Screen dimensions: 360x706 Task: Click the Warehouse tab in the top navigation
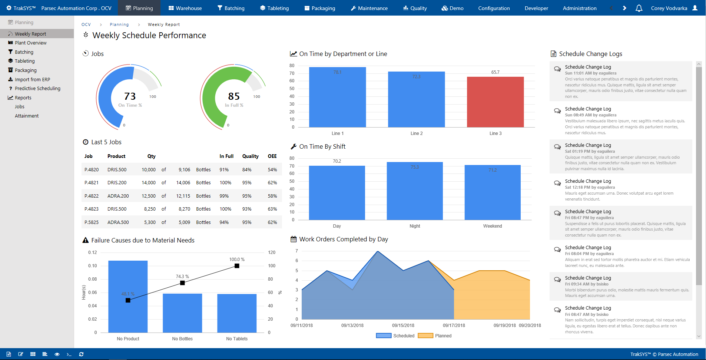coord(185,8)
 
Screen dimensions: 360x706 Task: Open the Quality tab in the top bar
coord(415,8)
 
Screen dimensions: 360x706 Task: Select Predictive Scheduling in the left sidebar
coord(37,89)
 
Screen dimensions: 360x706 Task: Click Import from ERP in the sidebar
coord(32,79)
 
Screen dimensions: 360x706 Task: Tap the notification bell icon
coord(639,8)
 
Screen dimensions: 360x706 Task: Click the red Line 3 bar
coord(495,102)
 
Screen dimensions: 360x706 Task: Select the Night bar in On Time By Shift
coord(415,191)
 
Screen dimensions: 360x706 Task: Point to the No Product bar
coord(128,297)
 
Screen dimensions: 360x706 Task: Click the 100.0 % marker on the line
coord(237,266)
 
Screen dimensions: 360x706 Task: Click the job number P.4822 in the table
coord(92,196)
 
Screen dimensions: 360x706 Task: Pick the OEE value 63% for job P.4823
coord(272,209)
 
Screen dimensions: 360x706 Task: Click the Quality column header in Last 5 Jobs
coord(250,156)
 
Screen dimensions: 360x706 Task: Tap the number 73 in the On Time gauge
coord(130,96)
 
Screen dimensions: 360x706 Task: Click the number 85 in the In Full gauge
coord(234,96)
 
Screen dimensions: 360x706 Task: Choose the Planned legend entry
coord(443,336)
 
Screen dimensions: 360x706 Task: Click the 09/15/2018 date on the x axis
coord(403,326)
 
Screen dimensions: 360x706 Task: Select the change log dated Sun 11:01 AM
coord(621,81)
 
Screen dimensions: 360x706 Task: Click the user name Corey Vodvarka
coord(669,8)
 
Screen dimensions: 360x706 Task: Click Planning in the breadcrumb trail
coord(119,24)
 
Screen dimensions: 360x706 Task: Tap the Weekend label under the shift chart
coord(493,226)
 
